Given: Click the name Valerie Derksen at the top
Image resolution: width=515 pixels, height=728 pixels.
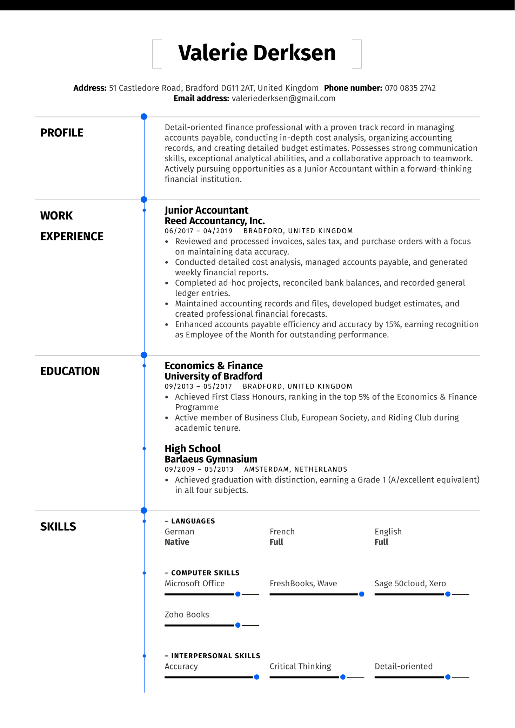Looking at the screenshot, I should click(x=257, y=53).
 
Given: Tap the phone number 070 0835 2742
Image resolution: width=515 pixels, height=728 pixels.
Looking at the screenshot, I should click(x=410, y=88).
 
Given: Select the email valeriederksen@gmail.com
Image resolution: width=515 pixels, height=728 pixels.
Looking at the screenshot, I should click(x=283, y=99).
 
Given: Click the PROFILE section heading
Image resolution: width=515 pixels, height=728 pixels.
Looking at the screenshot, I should click(x=62, y=133).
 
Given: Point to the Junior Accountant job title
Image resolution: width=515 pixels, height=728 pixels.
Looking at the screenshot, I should click(x=206, y=210).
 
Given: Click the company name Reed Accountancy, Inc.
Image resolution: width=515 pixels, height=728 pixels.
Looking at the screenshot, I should click(x=215, y=221).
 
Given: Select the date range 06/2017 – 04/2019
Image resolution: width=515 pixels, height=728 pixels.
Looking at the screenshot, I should click(x=199, y=231).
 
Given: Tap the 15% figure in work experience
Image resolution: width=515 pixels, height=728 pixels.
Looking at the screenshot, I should click(x=393, y=324).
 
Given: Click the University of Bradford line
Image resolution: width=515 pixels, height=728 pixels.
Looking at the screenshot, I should click(x=213, y=376).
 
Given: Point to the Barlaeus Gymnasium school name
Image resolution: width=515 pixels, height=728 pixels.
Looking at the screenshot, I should click(x=211, y=459).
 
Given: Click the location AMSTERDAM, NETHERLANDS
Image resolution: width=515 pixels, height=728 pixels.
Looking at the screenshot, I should click(x=295, y=470).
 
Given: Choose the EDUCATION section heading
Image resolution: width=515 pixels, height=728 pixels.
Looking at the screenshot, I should click(x=70, y=371).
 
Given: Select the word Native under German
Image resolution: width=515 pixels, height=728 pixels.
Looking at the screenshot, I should click(x=177, y=542).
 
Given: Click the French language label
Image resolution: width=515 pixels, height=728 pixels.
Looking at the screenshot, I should click(x=282, y=532).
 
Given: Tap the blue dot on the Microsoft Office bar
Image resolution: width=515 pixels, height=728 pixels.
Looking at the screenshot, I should click(x=238, y=594).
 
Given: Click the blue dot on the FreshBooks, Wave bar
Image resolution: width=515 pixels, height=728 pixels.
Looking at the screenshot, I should click(x=361, y=594).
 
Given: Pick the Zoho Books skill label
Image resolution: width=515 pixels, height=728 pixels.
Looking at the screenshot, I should click(x=187, y=615).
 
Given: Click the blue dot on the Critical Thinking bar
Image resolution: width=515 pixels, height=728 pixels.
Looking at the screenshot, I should click(x=343, y=677).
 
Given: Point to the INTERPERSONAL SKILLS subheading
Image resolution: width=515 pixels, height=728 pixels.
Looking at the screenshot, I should click(x=215, y=656).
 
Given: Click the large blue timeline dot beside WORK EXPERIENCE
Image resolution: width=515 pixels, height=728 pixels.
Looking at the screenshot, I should click(x=144, y=200).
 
